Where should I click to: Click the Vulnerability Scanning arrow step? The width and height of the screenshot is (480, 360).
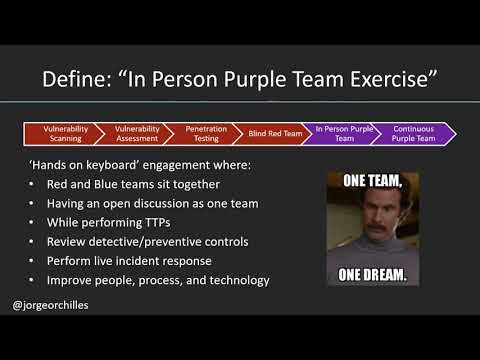click(x=60, y=134)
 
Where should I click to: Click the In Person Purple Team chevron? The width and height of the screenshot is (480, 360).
click(x=343, y=134)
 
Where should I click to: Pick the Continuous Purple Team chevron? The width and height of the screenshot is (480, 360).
click(x=413, y=134)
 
